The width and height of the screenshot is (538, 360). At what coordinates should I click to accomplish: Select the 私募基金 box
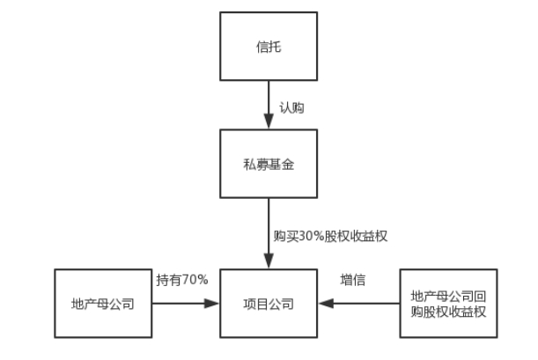pyautogui.click(x=269, y=164)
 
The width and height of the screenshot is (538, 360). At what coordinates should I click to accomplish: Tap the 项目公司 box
pyautogui.click(x=269, y=304)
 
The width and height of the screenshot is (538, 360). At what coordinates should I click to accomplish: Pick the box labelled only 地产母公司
pyautogui.click(x=103, y=304)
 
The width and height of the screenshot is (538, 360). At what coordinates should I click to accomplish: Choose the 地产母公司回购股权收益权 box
pyautogui.click(x=448, y=304)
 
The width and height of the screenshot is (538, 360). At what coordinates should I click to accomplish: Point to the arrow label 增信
pyautogui.click(x=352, y=281)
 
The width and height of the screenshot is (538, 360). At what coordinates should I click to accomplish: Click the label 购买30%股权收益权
pyautogui.click(x=330, y=236)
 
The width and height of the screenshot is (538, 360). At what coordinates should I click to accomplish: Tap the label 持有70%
pyautogui.click(x=182, y=281)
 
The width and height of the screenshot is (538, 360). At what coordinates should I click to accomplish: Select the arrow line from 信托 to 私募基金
pyautogui.click(x=269, y=104)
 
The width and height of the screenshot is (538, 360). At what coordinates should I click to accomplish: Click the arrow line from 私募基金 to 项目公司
pyautogui.click(x=269, y=229)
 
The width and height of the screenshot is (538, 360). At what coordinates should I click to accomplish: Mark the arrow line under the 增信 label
pyautogui.click(x=361, y=304)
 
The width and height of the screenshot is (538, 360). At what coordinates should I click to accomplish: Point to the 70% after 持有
pyautogui.click(x=195, y=281)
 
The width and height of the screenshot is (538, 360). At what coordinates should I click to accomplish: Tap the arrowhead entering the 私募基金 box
pyautogui.click(x=269, y=123)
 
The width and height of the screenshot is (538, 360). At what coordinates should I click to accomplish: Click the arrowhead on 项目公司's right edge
pyautogui.click(x=325, y=304)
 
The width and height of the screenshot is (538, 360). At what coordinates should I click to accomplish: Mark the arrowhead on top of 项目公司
pyautogui.click(x=269, y=263)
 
